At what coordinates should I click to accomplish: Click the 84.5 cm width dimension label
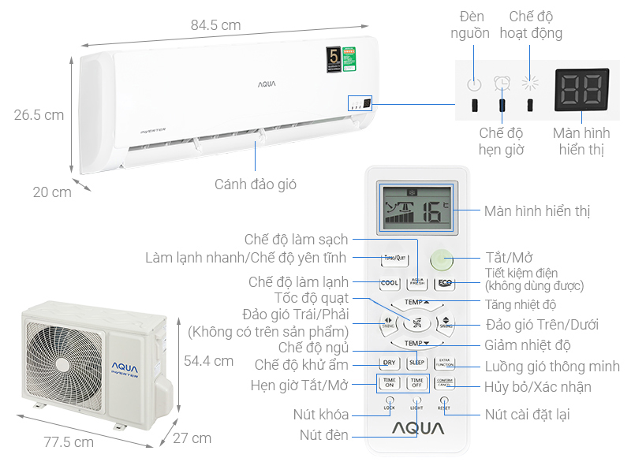coord(215,25)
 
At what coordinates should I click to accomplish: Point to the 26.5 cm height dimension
coord(39,115)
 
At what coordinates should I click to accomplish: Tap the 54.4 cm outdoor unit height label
coord(208,361)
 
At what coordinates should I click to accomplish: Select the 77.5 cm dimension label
coord(68,442)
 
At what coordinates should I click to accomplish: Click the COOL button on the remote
coord(389,283)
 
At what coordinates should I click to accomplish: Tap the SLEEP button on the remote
coord(416,363)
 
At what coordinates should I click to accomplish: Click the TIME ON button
coord(389,383)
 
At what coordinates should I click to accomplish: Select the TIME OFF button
coord(416,383)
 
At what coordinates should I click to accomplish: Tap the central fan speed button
coord(416,322)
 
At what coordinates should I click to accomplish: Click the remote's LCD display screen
coord(416,210)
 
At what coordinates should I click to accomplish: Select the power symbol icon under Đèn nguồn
coord(473,85)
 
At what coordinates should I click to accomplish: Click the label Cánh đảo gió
coord(256,184)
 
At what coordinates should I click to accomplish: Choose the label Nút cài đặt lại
coord(527,414)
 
